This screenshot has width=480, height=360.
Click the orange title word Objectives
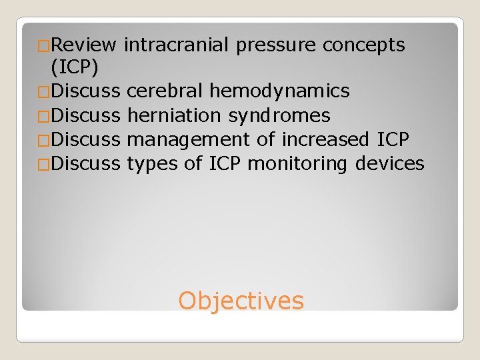tap(241, 301)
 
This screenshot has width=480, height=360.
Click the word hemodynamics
tap(279, 91)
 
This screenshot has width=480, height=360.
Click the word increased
tap(325, 139)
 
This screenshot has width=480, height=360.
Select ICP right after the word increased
tap(392, 139)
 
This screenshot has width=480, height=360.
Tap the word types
tap(151, 164)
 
